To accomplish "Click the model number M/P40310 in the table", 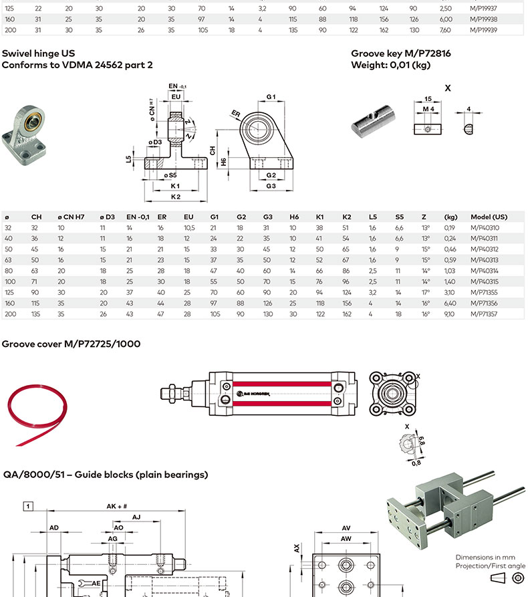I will [x=485, y=227].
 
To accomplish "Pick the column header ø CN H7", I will [x=70, y=217].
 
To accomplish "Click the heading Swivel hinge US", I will [x=39, y=53].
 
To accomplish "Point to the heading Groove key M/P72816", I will [x=400, y=53].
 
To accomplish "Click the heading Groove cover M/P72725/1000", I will [x=70, y=344].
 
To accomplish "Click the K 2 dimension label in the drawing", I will [x=176, y=197].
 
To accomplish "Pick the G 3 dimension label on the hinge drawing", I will [x=271, y=185].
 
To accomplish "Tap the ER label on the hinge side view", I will [x=235, y=113].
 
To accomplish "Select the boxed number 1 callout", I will [x=28, y=506].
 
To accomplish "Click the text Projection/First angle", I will [x=490, y=566].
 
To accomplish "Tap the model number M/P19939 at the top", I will [x=485, y=30].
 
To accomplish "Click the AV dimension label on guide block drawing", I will [x=346, y=527].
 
